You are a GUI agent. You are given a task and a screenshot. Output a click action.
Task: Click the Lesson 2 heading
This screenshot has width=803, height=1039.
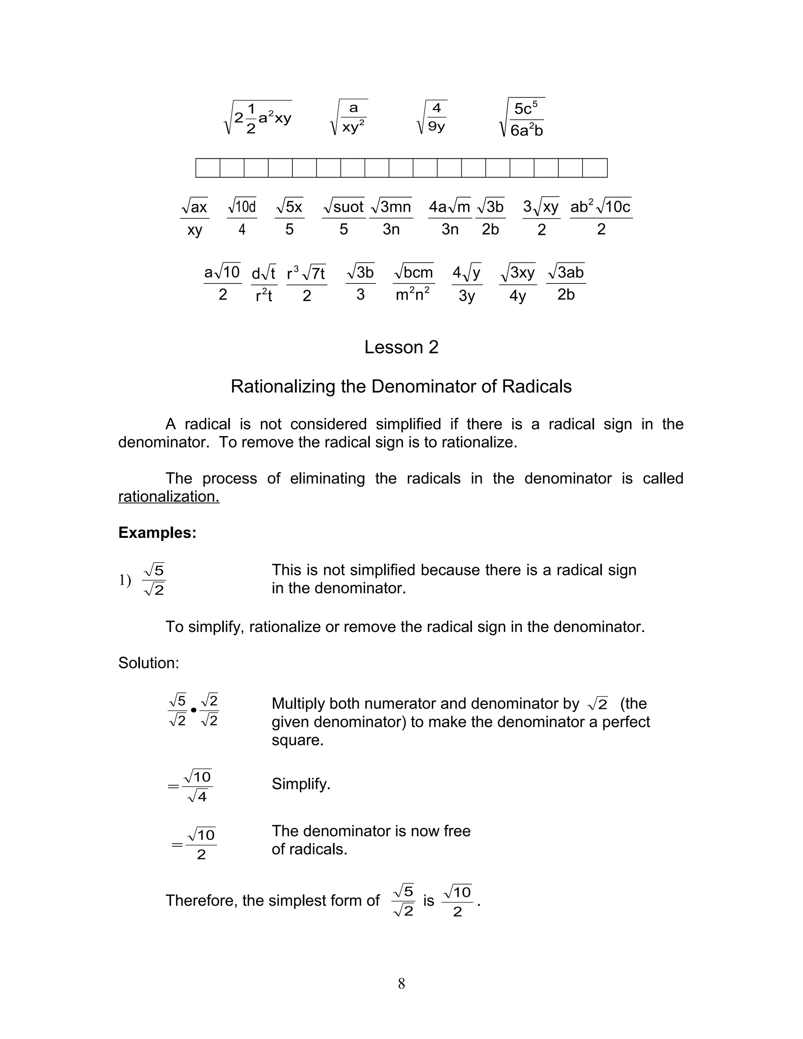401,348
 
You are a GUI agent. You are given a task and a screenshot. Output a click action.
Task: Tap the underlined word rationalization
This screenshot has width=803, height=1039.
169,497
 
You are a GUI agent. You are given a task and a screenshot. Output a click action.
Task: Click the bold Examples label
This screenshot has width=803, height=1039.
157,533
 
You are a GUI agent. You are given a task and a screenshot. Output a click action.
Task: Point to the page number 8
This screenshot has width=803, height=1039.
401,983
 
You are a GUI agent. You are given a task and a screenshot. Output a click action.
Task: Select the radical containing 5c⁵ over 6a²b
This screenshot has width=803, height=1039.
522,118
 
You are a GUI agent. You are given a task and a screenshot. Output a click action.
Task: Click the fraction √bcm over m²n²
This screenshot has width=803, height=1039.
413,283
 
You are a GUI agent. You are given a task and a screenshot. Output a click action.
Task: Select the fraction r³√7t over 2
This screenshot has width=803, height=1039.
306,283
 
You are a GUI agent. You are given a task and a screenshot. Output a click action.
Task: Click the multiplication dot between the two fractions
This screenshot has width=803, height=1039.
194,710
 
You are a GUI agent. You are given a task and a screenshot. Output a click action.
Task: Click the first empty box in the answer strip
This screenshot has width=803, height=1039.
208,168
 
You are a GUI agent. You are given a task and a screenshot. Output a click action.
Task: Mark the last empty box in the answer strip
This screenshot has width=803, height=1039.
595,168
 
